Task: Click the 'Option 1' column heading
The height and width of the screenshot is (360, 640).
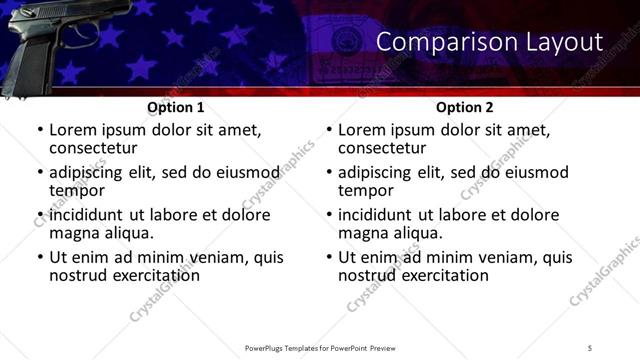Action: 175,107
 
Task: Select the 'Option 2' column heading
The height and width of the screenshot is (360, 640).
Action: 464,107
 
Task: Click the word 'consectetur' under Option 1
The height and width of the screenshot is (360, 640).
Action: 96,148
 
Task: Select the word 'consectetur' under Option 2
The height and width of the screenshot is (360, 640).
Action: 385,148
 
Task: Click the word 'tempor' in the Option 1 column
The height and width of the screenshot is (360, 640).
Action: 77,191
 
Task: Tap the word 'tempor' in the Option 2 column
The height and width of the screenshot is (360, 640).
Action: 366,191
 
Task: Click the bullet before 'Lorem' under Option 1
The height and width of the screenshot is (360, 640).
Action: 39,131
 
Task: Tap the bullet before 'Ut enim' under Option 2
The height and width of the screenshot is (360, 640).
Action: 328,258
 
